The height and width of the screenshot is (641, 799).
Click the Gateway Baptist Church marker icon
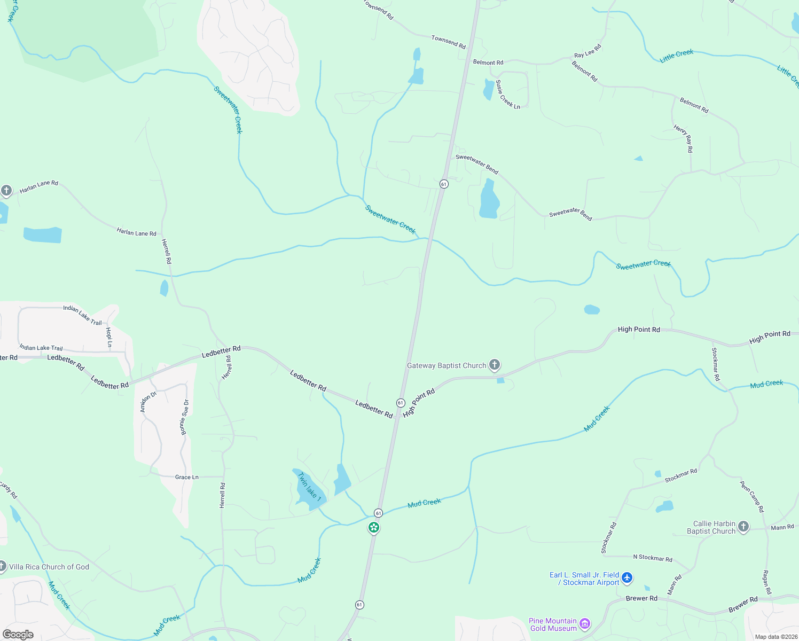495,365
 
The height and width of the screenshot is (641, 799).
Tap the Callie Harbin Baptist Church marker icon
743,527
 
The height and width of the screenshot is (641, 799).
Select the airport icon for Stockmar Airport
627,578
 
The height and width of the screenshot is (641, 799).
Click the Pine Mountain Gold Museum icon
585,624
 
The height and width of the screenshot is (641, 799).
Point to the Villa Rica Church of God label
49,567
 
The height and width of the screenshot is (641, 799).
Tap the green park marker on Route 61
374,528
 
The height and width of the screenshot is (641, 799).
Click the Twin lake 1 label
309,486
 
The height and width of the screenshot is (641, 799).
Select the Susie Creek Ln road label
507,95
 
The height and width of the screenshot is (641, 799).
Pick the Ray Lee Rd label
587,51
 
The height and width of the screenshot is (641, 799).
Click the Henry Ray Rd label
683,139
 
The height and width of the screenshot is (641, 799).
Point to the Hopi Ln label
109,338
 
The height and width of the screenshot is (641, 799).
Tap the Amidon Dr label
148,402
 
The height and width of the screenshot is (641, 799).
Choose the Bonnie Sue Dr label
184,417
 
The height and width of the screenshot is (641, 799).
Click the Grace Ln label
187,477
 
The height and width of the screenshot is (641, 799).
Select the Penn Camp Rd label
752,496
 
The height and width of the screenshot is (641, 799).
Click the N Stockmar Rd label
653,558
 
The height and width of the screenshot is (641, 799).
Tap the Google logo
18,635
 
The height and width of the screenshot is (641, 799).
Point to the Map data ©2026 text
774,637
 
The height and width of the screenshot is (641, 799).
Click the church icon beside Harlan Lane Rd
6,191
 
